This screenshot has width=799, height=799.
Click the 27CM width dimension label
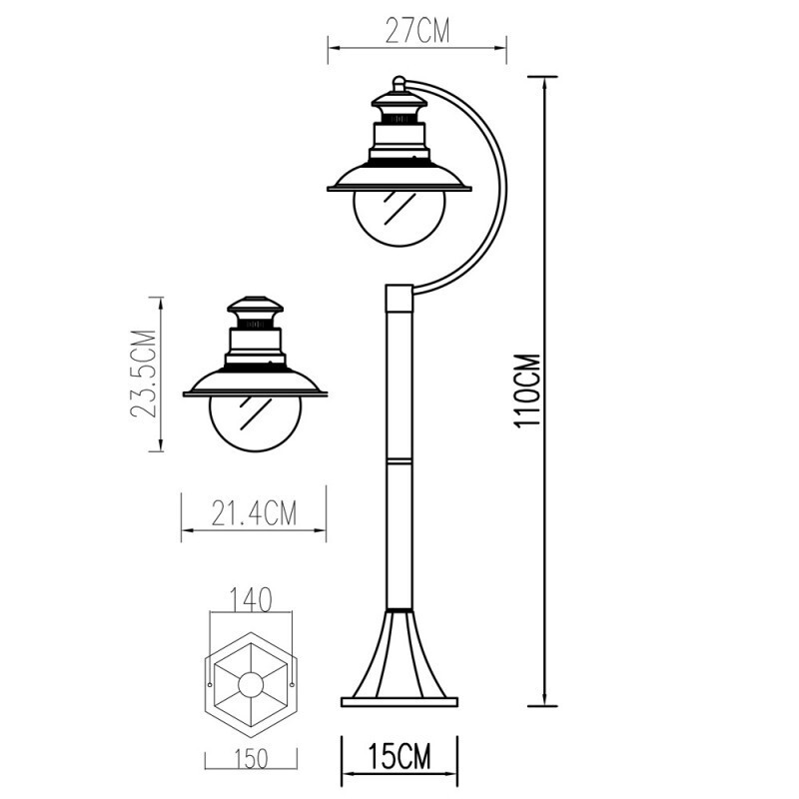[x=417, y=32]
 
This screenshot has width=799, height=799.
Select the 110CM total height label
[x=526, y=391]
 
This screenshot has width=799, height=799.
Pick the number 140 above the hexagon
[x=252, y=600]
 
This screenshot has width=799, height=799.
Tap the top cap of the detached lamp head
[x=254, y=308]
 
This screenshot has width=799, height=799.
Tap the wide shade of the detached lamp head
[x=254, y=385]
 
